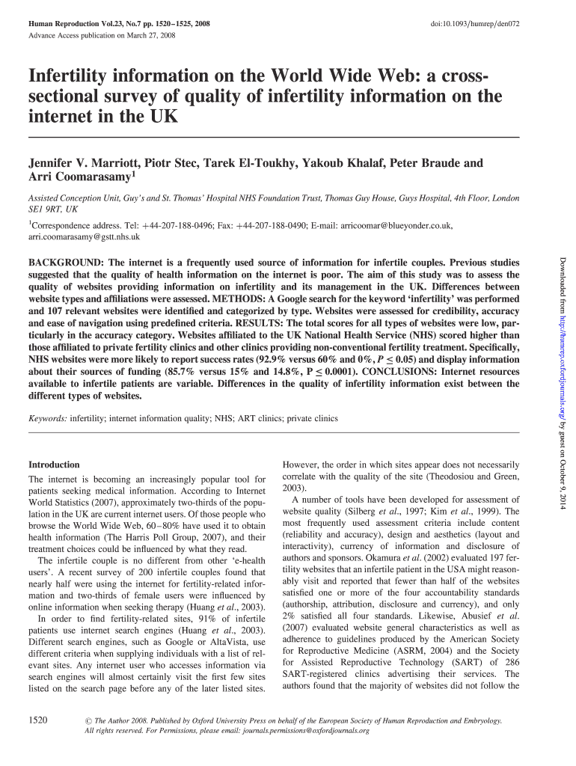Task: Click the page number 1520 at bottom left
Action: tap(38, 720)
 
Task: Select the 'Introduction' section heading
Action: tap(53, 464)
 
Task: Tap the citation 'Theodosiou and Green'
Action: tap(466, 476)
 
